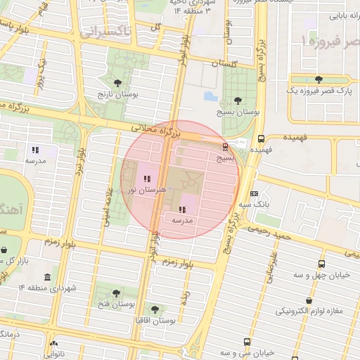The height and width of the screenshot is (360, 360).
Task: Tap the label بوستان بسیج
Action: point(238,111)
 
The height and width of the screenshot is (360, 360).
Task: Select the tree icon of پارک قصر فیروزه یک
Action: point(319,79)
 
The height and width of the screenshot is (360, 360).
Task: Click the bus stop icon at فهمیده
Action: point(261,139)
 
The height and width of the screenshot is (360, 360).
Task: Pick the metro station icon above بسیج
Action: point(225,147)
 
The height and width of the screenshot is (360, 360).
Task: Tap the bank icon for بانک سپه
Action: point(254,193)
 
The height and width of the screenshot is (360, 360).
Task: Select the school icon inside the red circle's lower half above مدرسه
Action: point(182,210)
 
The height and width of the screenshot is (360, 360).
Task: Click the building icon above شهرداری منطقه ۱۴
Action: point(47,277)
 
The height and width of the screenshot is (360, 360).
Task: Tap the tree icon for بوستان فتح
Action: point(116,293)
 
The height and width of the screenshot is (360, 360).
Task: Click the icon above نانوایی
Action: point(55,345)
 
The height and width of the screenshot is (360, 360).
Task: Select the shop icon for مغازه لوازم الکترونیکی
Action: point(317,299)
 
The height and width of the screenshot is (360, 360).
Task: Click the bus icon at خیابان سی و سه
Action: point(246,342)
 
